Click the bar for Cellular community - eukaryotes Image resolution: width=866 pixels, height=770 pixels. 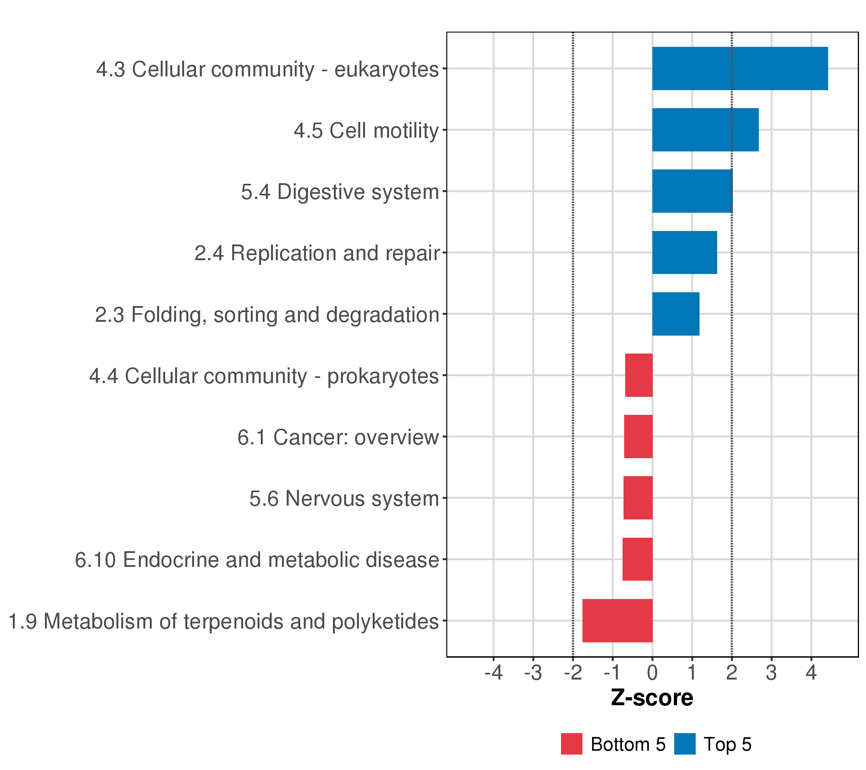click(740, 68)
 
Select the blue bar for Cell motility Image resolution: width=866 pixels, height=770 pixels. click(705, 130)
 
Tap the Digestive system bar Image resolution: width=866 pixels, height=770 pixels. click(692, 191)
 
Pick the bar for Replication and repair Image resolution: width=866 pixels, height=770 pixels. click(684, 252)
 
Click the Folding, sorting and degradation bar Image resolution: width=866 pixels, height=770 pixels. click(675, 314)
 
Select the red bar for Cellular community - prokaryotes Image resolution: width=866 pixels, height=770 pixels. click(639, 375)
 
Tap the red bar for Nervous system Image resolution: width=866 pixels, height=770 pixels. click(638, 498)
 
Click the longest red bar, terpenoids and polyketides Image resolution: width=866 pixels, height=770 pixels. click(617, 620)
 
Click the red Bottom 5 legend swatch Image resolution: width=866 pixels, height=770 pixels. click(572, 744)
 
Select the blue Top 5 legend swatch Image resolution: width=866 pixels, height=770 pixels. click(685, 744)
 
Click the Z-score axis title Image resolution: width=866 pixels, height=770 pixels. click(652, 697)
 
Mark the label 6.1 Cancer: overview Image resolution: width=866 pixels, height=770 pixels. click(338, 437)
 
